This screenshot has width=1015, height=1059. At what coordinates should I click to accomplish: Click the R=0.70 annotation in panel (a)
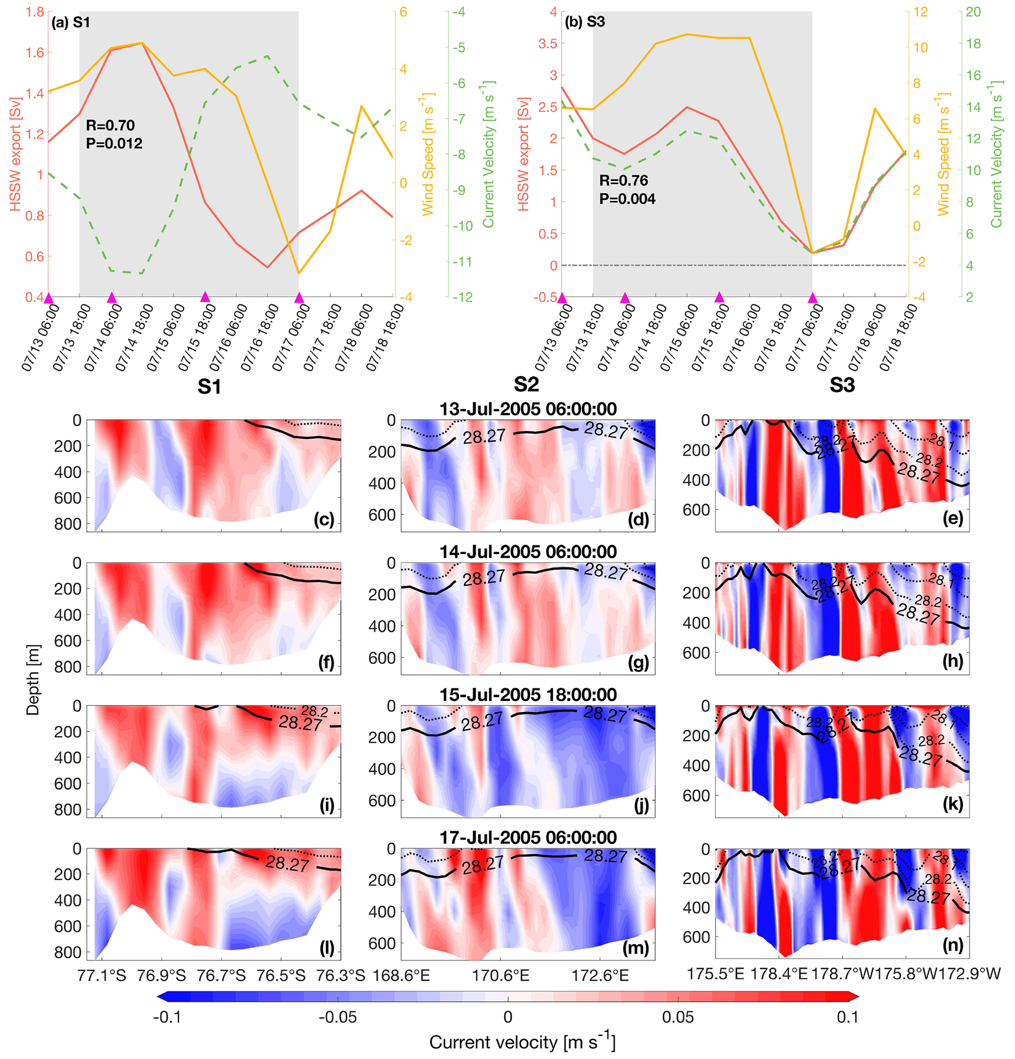(x=110, y=125)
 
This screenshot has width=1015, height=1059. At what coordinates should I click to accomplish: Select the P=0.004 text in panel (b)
(x=627, y=199)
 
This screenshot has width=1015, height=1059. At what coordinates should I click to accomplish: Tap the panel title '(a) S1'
(x=70, y=22)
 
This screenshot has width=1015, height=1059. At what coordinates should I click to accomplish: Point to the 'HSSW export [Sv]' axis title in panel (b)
(x=523, y=154)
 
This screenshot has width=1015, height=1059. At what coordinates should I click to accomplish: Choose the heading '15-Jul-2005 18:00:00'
(x=527, y=695)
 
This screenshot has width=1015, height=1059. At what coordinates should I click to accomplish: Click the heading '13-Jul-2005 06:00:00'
(x=527, y=409)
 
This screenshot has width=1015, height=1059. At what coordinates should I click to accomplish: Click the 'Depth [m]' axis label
(x=33, y=680)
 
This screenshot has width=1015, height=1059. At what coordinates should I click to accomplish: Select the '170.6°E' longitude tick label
(x=500, y=975)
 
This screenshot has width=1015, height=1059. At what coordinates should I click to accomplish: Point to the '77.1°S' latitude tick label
(x=102, y=975)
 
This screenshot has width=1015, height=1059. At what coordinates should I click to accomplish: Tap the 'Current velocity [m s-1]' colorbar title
(x=522, y=1042)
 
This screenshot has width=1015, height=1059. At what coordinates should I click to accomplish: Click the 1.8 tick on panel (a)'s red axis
(x=34, y=12)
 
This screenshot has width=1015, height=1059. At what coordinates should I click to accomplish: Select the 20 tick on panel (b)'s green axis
(x=973, y=12)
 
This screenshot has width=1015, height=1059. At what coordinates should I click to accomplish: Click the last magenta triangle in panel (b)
(x=812, y=298)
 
